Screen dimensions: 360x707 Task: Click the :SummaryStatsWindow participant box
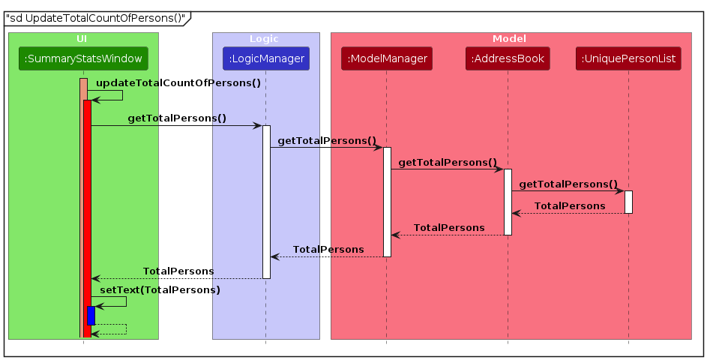(x=82, y=58)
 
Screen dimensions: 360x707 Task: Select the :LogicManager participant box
(x=265, y=58)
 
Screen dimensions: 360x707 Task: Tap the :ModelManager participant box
(x=387, y=58)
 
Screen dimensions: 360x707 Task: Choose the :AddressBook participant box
(x=508, y=58)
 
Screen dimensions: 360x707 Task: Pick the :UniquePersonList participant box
(x=628, y=58)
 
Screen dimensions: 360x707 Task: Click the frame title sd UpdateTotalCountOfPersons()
(x=94, y=18)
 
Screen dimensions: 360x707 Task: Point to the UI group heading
(x=82, y=38)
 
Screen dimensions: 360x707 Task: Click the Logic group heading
(x=265, y=38)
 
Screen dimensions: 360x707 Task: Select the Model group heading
(x=510, y=38)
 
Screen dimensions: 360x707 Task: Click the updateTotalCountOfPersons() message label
(x=178, y=83)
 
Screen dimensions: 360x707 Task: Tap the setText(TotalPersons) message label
(x=160, y=290)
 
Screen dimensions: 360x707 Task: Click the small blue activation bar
(x=91, y=315)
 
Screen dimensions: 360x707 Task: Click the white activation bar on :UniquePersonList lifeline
(x=628, y=202)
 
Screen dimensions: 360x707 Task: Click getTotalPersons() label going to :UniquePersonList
(x=568, y=184)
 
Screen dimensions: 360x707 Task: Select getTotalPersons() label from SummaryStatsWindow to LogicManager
(x=177, y=118)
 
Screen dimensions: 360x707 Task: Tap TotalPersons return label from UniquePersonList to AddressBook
(x=569, y=205)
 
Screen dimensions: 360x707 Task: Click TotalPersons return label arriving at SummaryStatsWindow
(x=178, y=271)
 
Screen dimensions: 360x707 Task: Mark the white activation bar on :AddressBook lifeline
(x=508, y=201)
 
